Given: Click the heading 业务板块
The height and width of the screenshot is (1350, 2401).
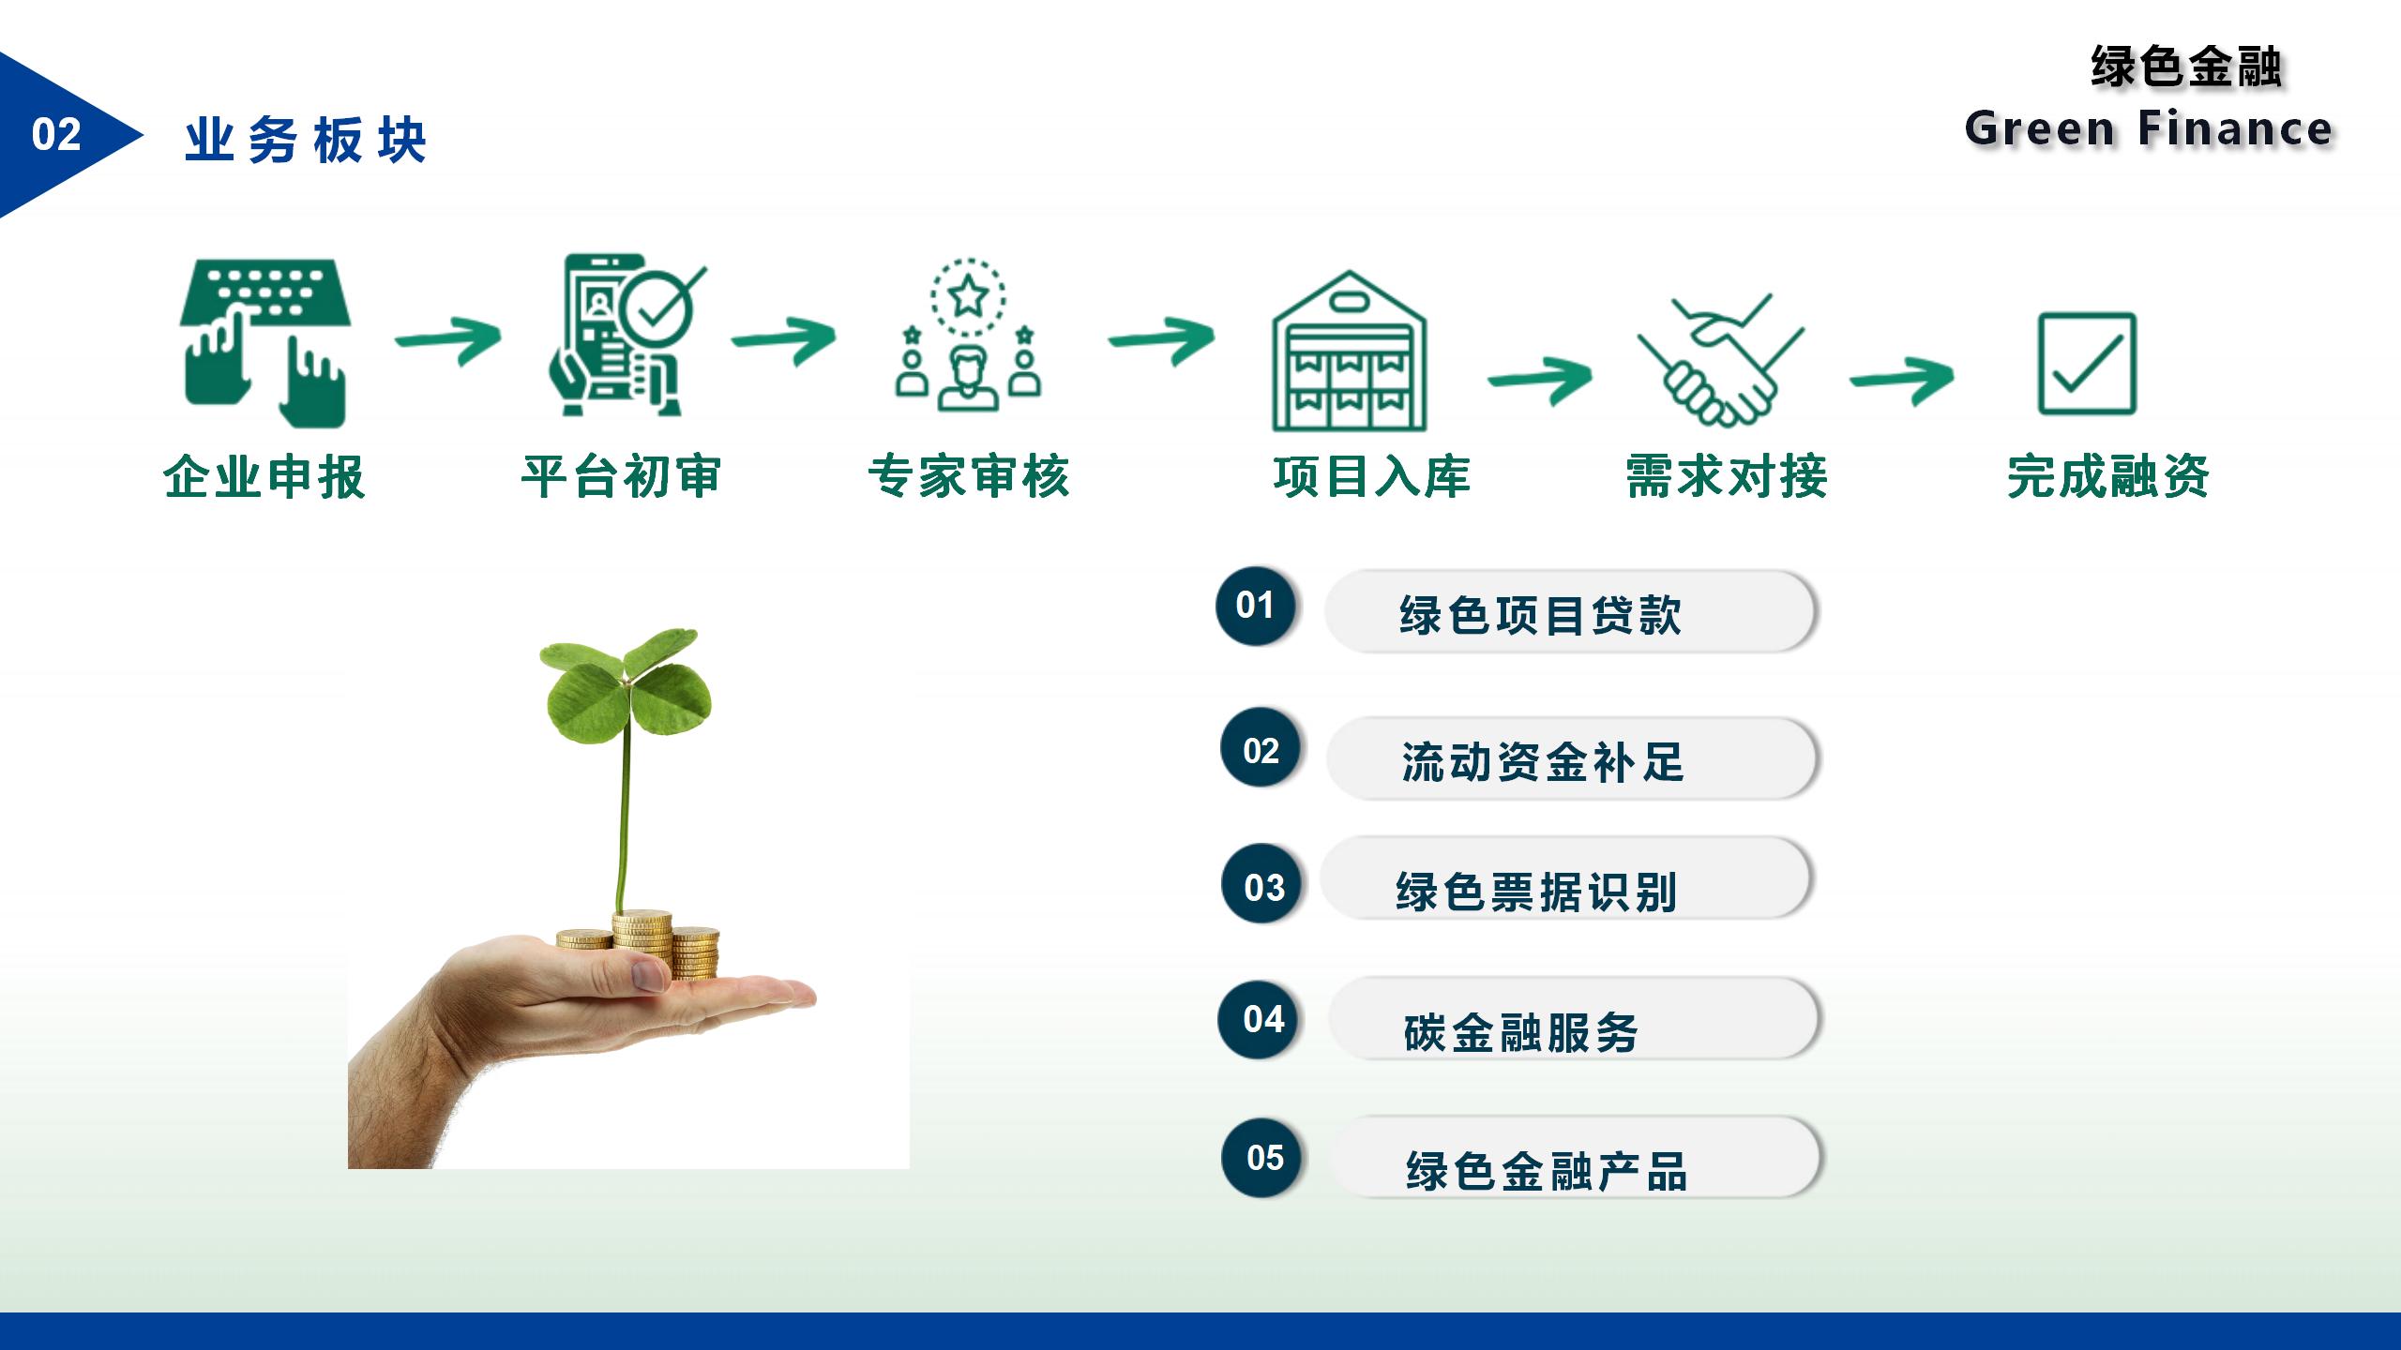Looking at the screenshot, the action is [306, 141].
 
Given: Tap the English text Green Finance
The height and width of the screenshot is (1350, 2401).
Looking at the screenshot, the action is [2149, 128].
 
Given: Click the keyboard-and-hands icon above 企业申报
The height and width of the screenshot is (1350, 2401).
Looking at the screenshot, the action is [265, 342].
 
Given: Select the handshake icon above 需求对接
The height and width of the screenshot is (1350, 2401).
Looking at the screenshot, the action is [1721, 360].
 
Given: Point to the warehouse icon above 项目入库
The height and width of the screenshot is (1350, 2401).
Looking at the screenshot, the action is [1349, 352].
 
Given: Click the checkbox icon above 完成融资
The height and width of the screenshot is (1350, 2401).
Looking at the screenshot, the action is [2087, 364].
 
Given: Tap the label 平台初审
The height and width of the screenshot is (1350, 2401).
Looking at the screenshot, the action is [621, 476].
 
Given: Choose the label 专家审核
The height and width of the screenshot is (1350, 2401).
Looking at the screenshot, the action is [969, 476].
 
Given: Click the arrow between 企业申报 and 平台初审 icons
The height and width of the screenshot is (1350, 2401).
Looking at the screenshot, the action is [448, 339].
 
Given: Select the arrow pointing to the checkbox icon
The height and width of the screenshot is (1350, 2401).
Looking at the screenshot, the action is [1901, 379].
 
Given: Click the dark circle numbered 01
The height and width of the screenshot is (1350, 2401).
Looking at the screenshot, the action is [1256, 606].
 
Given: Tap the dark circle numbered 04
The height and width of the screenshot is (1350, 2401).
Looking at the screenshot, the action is [1259, 1019].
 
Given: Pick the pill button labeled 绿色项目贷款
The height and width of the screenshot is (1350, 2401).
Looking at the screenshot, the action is [1571, 612].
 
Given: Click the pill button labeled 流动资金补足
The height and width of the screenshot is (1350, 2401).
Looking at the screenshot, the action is [1573, 759].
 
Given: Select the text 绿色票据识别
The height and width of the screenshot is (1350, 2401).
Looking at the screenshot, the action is [1536, 892].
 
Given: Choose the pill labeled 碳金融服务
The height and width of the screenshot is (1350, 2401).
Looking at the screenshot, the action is [1575, 1019].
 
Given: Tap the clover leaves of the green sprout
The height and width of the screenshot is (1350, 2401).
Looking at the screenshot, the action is [626, 684].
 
